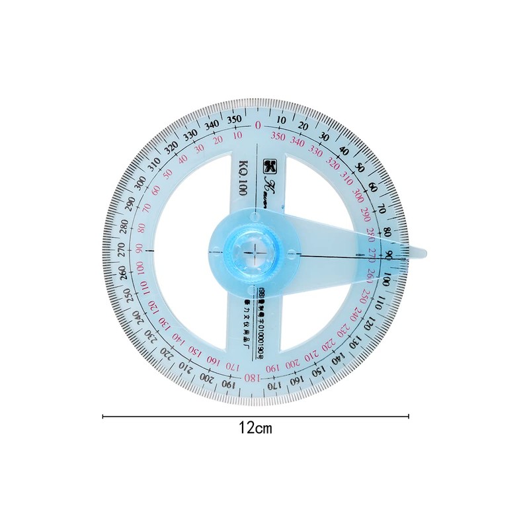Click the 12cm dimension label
pos(255,428)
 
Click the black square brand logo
pos(269,163)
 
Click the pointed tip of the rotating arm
pos(426,251)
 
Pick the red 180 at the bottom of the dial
pos(252,378)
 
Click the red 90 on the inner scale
pos(139,249)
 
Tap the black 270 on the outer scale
pos(121,249)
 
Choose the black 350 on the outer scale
pos(233,120)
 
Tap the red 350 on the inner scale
pos(278,137)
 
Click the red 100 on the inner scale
pos(140,268)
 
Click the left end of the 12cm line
pos(103,416)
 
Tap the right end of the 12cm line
pos(409,416)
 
